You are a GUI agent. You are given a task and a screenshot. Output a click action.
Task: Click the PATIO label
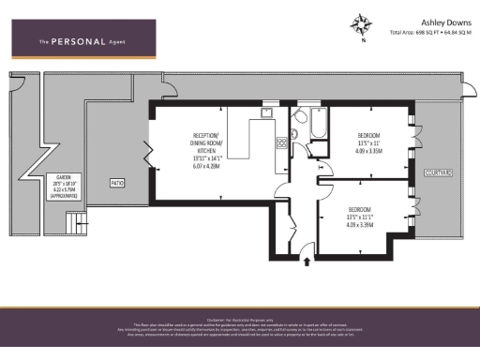tap(117, 182)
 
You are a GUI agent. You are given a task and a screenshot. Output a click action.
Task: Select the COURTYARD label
tap(438, 172)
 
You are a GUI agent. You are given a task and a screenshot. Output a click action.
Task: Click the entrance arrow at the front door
tap(305, 262)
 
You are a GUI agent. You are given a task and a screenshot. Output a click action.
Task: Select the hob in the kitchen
tap(280, 143)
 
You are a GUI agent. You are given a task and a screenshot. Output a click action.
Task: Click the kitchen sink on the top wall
tap(267, 112)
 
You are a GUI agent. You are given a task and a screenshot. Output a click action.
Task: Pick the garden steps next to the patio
tap(71, 223)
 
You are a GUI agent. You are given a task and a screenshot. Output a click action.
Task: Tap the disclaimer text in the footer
tap(240, 325)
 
